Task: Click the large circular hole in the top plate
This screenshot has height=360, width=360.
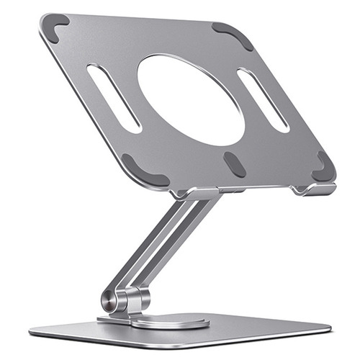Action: [x=191, y=99]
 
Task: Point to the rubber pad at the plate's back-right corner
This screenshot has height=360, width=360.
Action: [x=233, y=35]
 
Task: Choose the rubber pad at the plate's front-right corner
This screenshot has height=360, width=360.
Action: [x=324, y=168]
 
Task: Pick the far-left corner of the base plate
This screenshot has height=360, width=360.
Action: [x=32, y=330]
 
